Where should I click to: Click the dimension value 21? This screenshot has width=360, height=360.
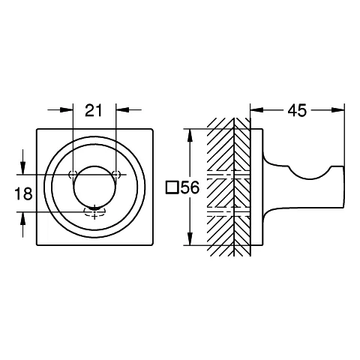pos(94,112)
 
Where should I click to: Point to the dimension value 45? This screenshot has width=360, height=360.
pos(296,112)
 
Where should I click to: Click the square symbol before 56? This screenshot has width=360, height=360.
pos(172,187)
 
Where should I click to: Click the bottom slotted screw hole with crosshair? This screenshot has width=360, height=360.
pos(94,211)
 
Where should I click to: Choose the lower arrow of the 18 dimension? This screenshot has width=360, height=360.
pos(24,216)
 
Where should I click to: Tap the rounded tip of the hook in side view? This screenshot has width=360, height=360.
pos(341,187)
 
